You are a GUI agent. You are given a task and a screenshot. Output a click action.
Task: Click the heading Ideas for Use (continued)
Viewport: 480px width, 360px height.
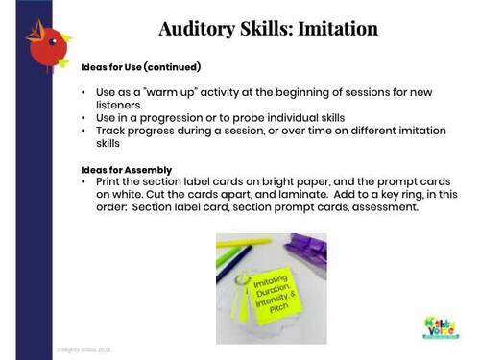click(140, 67)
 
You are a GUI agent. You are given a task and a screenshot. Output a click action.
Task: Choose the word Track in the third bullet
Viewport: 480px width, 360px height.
click(110, 131)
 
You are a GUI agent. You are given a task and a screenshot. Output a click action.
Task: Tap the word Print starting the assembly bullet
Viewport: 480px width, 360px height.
click(109, 181)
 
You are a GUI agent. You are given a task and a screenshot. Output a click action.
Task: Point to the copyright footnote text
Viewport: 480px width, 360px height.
click(84, 349)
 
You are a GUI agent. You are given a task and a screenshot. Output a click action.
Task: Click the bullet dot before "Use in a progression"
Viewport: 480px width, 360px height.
click(85, 117)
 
